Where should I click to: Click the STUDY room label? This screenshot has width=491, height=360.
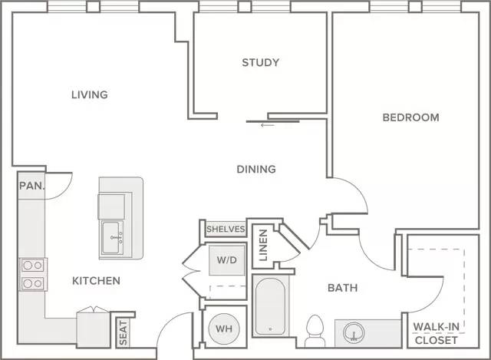pyautogui.click(x=260, y=63)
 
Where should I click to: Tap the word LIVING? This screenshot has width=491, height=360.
pyautogui.click(x=90, y=94)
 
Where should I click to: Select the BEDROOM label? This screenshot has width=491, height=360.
pyautogui.click(x=411, y=117)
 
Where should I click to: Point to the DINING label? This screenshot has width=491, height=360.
pyautogui.click(x=256, y=169)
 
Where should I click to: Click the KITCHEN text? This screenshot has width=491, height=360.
pyautogui.click(x=96, y=281)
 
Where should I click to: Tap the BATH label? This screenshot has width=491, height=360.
pyautogui.click(x=343, y=288)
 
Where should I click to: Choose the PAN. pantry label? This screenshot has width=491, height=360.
pyautogui.click(x=32, y=186)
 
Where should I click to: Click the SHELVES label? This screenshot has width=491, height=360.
pyautogui.click(x=226, y=229)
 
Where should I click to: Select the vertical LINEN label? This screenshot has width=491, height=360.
pyautogui.click(x=264, y=246)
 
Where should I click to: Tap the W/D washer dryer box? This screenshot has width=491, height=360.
pyautogui.click(x=227, y=260)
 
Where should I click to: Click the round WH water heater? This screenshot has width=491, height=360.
pyautogui.click(x=224, y=329)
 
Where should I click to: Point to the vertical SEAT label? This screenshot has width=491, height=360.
pyautogui.click(x=124, y=332)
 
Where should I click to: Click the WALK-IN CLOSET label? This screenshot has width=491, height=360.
pyautogui.click(x=437, y=333)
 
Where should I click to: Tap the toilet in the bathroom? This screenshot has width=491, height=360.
pyautogui.click(x=315, y=331)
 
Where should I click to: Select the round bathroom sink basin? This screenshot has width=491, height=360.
pyautogui.click(x=354, y=333)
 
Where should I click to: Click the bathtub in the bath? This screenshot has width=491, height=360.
pyautogui.click(x=270, y=306)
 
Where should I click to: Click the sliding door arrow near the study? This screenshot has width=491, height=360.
pyautogui.click(x=268, y=125)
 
